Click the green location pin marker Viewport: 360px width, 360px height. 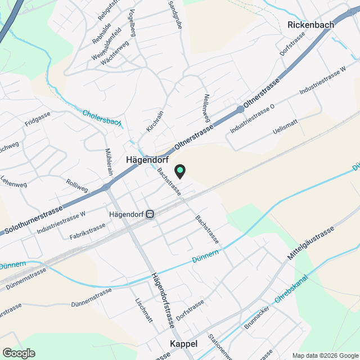click(180, 170)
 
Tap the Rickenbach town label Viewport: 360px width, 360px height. click(310, 25)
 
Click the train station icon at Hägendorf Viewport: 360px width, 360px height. click(150, 214)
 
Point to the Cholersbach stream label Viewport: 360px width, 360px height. click(102, 119)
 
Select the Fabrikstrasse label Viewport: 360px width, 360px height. click(87, 231)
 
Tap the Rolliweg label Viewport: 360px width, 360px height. click(77, 186)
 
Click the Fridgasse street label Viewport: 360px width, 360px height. click(38, 119)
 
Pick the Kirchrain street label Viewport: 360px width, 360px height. click(155, 121)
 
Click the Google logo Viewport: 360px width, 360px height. click(19, 353)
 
